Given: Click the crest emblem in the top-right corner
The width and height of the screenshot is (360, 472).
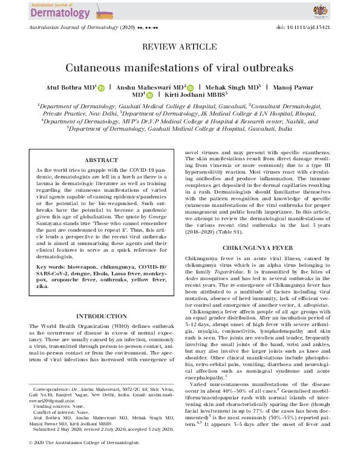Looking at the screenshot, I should pos(321,10).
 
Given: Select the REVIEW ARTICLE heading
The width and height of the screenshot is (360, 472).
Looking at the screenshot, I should pos(180,47).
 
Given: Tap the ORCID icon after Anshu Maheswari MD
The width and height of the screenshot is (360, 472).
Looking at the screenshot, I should pos(190,87).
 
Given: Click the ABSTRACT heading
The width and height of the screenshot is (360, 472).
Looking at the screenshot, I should pos(101,160).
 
